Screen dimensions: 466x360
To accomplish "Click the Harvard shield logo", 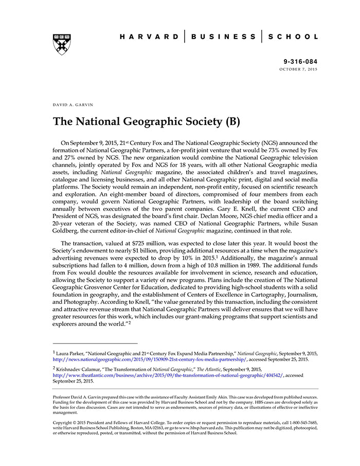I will [x=62, y=44].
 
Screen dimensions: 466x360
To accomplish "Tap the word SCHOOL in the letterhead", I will [x=294, y=37].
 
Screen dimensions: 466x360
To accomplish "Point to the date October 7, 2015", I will [x=299, y=69].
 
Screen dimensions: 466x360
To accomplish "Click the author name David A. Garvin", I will [x=73, y=104].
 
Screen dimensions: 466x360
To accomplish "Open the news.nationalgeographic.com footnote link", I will [x=149, y=360].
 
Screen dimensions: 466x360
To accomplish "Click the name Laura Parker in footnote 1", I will [x=73, y=353].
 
